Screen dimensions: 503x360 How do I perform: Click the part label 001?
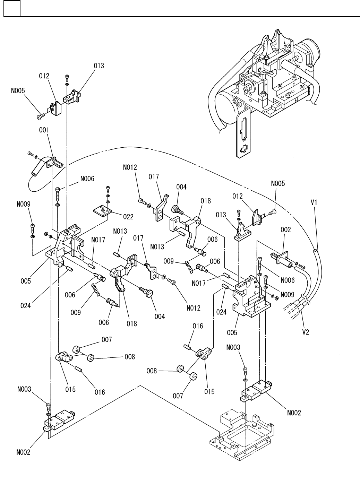[44, 130]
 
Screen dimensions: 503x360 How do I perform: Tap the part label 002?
[286, 230]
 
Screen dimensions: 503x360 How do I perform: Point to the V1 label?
[314, 202]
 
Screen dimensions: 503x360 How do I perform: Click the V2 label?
[306, 332]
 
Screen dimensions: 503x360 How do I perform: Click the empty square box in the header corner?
[12, 8]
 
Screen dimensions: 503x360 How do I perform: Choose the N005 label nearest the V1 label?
[278, 183]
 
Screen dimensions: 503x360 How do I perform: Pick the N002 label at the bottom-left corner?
[23, 452]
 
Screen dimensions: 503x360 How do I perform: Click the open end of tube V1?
[315, 250]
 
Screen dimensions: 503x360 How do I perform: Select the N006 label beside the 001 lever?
[87, 179]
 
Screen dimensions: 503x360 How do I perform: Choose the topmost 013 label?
[99, 66]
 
